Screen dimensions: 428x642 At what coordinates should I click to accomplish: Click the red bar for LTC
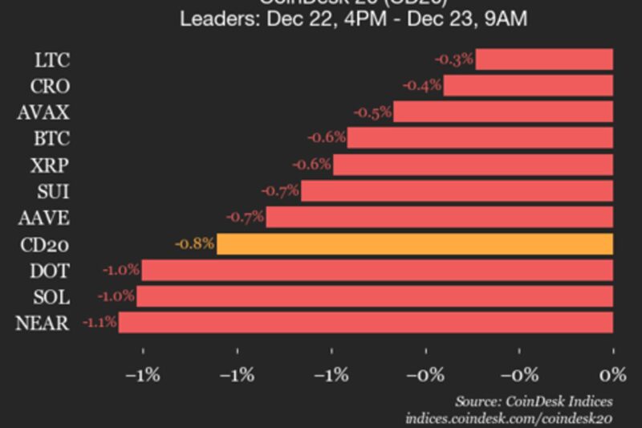tap(544, 59)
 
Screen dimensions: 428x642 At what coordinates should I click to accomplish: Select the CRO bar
tap(528, 86)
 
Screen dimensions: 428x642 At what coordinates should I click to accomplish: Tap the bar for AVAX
tap(503, 112)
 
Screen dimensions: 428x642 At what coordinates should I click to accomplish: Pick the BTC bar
tap(480, 138)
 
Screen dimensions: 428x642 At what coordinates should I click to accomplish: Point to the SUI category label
tap(54, 191)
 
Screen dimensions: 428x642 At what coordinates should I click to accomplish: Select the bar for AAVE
tap(439, 217)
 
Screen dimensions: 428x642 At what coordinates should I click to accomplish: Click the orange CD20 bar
tap(415, 243)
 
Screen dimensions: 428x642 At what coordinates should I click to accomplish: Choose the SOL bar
tap(375, 296)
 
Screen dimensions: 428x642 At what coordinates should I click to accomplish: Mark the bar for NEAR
tap(366, 323)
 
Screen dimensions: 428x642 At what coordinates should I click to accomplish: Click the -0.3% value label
tap(453, 59)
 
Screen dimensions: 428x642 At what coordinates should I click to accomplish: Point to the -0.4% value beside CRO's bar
tap(421, 86)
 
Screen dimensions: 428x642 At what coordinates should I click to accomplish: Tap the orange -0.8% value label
tap(194, 243)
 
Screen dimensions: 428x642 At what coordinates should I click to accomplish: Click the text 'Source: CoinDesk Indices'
tap(534, 401)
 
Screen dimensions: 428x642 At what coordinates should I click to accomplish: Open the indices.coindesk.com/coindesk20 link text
tap(510, 418)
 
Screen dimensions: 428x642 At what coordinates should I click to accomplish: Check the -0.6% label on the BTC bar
tap(326, 138)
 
